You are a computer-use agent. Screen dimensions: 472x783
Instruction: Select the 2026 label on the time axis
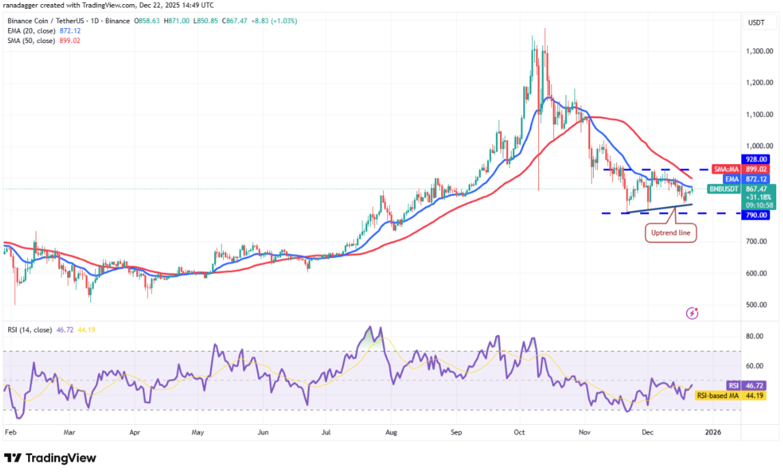(713, 432)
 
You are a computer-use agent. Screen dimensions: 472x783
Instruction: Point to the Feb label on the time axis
(10, 432)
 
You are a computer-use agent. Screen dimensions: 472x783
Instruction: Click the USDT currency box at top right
(756, 23)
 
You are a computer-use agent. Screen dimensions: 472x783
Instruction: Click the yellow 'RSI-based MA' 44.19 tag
(728, 395)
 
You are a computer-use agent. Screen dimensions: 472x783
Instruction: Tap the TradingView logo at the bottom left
(50, 458)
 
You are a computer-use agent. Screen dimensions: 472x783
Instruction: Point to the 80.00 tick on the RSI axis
(755, 336)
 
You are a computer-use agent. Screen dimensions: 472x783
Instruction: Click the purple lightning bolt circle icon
(692, 314)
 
